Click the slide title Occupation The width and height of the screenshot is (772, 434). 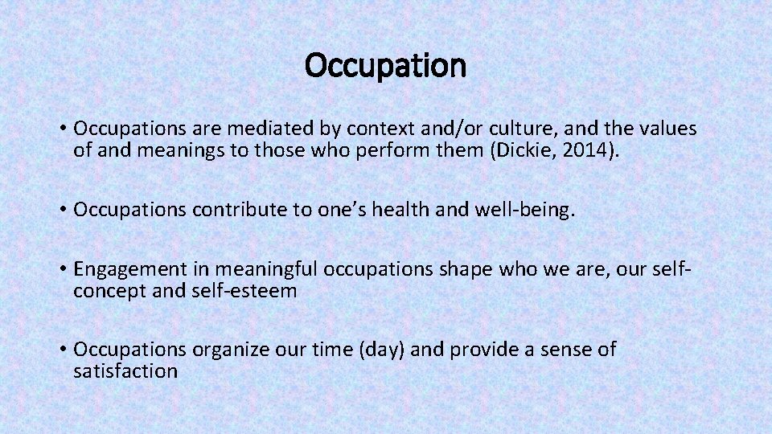pyautogui.click(x=385, y=66)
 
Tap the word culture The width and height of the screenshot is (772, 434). pyautogui.click(x=524, y=129)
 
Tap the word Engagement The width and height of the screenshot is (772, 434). pyautogui.click(x=123, y=269)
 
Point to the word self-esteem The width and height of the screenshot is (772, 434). pyautogui.click(x=244, y=290)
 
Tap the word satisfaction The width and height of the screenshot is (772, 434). pyautogui.click(x=125, y=371)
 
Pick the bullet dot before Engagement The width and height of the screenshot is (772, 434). pyautogui.click(x=62, y=270)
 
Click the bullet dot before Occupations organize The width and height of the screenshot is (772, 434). pyautogui.click(x=62, y=350)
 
